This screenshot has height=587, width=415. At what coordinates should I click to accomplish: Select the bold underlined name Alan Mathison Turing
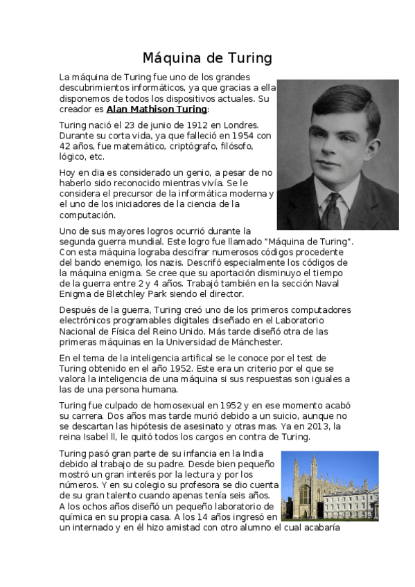click(157, 109)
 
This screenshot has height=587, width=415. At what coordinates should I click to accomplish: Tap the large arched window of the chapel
click(304, 494)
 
